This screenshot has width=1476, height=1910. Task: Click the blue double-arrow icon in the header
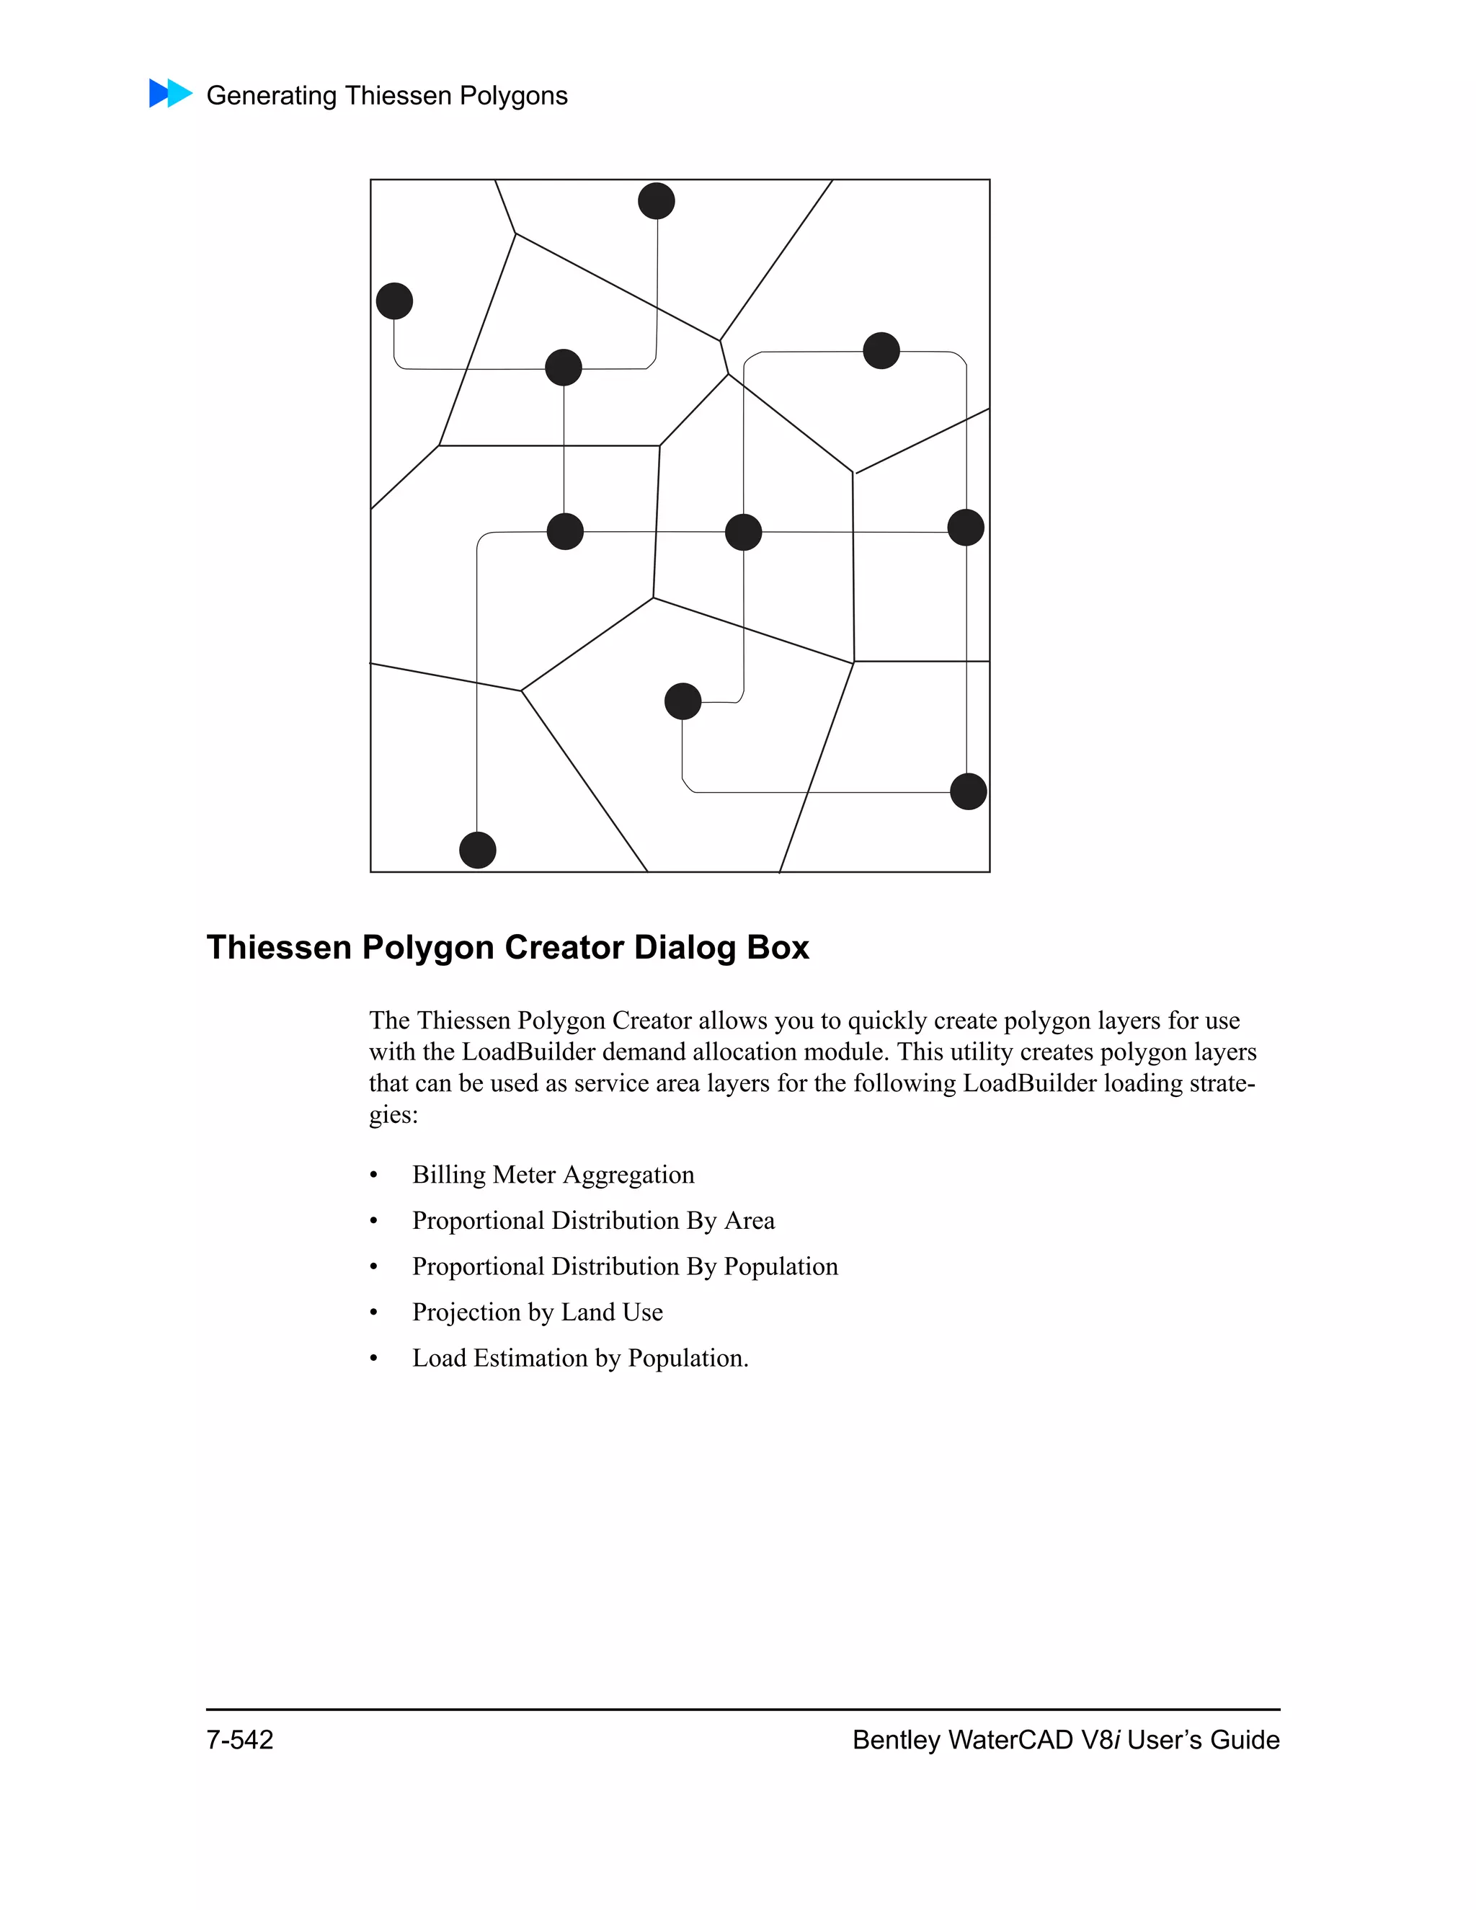coord(171,93)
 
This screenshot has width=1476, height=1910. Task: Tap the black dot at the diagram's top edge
coord(657,201)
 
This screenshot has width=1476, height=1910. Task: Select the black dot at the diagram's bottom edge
coord(477,850)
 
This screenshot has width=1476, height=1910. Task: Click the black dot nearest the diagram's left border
coord(394,301)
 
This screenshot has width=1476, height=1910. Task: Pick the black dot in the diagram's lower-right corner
coord(968,791)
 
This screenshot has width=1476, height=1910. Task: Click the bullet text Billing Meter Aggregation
coord(553,1175)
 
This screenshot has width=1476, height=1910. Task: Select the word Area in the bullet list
coord(750,1221)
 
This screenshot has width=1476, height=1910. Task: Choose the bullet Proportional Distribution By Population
coord(624,1266)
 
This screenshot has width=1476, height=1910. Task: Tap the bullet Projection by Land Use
coord(537,1312)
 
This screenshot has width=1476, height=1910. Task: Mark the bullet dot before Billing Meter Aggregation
coord(374,1176)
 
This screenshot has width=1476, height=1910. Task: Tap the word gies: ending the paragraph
coord(394,1115)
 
